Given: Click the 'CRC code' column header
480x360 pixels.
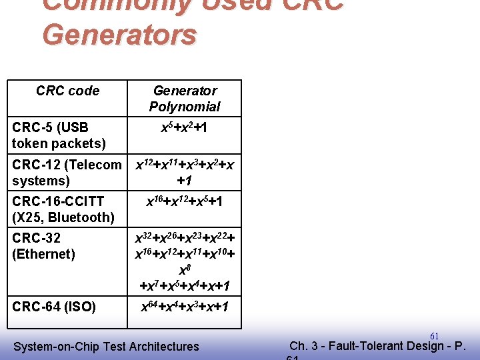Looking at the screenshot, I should pyautogui.click(x=67, y=91).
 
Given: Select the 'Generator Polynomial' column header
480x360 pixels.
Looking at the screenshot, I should pyautogui.click(x=185, y=99).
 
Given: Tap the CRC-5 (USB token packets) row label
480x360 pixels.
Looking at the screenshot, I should pyautogui.click(x=59, y=135).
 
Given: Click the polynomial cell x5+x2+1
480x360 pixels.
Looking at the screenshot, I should pyautogui.click(x=185, y=127).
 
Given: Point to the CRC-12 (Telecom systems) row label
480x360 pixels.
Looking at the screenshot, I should pyautogui.click(x=67, y=173).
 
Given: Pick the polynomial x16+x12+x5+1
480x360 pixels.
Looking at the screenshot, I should pyautogui.click(x=185, y=201).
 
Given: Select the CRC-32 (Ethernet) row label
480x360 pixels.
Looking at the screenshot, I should pyautogui.click(x=43, y=246).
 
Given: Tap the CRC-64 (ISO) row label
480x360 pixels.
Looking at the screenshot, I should pyautogui.click(x=54, y=307).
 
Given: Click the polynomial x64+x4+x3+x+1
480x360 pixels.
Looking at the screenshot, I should pyautogui.click(x=185, y=307).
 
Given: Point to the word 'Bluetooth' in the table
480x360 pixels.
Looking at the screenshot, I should pyautogui.click(x=82, y=217).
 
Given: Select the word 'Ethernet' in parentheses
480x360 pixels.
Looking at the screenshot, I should pyautogui.click(x=43, y=254).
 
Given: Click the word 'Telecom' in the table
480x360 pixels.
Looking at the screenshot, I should pyautogui.click(x=98, y=165).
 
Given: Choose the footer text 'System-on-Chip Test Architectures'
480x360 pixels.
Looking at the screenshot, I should pyautogui.click(x=106, y=346).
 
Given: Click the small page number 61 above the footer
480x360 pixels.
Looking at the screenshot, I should pyautogui.click(x=434, y=336).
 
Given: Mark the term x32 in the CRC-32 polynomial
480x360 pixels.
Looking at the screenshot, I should pyautogui.click(x=142, y=238).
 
